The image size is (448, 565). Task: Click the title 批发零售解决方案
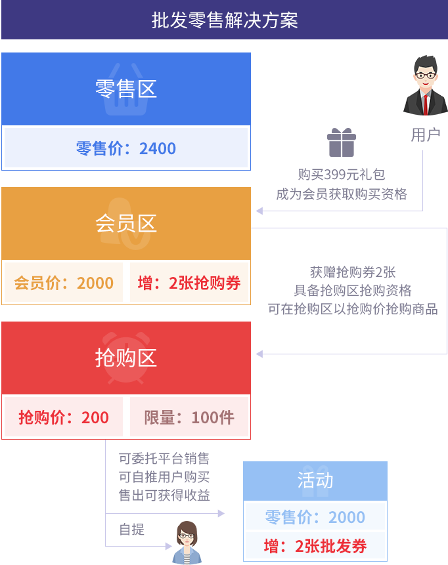click(x=224, y=20)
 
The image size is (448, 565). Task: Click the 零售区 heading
click(x=126, y=89)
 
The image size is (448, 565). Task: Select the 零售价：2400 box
click(x=126, y=148)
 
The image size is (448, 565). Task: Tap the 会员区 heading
click(x=126, y=224)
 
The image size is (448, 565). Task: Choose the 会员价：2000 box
click(x=64, y=283)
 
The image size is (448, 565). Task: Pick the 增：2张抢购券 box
click(x=189, y=283)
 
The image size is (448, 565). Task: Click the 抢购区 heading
click(x=126, y=358)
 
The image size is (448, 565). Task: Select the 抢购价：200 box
click(x=64, y=417)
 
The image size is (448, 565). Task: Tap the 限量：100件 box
click(x=189, y=417)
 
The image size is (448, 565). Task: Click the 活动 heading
click(x=315, y=480)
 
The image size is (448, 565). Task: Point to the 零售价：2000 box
click(x=315, y=517)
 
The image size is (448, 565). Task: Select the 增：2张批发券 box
click(x=315, y=546)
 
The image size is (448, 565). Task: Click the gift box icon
click(x=342, y=142)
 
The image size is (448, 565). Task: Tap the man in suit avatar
click(x=425, y=86)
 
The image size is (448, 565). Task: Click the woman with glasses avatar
click(x=187, y=543)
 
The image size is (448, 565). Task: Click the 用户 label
click(x=425, y=135)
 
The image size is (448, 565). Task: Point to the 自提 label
click(x=131, y=530)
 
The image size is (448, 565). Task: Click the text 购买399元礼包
click(x=341, y=175)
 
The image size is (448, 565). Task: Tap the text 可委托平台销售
click(x=164, y=458)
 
